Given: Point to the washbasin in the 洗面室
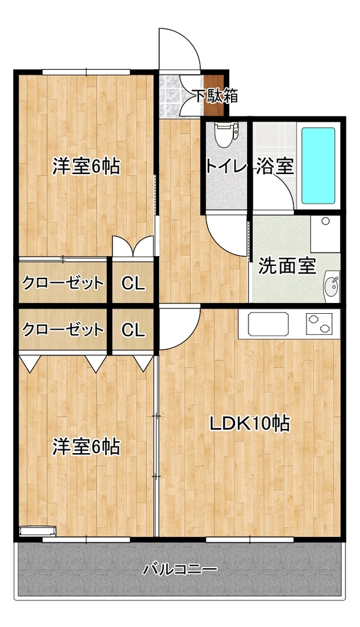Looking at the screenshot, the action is pos(331,286).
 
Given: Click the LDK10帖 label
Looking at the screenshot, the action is pos(250,424).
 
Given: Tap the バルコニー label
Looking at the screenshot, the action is pos(181,569).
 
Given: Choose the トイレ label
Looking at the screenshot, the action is pos(224,166).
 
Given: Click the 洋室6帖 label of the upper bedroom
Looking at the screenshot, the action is pos(86,166).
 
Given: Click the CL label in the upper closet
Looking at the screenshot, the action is pos(133,284).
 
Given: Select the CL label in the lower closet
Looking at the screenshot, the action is pos(133,330).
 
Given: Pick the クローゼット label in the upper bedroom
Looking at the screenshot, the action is pos(63,283).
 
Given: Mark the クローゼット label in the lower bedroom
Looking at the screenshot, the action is pos(63,330).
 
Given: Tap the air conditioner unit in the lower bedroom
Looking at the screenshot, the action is pos(38,530).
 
